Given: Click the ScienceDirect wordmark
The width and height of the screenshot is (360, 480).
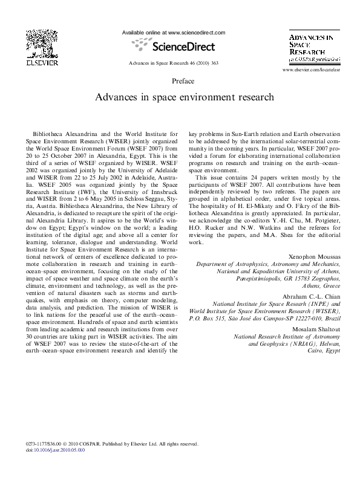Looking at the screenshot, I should pos(175,44).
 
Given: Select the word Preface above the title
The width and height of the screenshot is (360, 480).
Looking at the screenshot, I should pos(183,80).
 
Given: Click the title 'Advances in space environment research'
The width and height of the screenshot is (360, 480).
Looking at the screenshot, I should pos(183,96).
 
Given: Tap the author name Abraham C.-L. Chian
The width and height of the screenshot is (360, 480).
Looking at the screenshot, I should pos(311,296).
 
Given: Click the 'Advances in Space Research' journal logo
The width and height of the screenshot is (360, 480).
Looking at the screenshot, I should pos(313,48).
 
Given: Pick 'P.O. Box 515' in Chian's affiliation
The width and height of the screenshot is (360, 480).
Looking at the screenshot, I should pos(211,317).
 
